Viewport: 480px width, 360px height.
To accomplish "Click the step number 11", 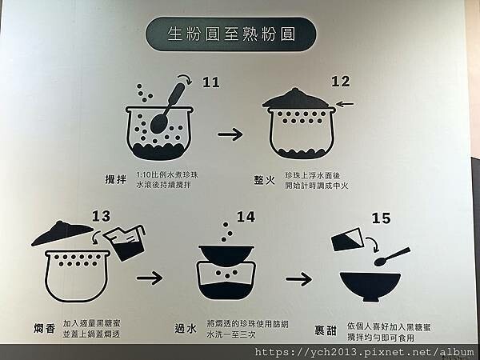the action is coord(211,82).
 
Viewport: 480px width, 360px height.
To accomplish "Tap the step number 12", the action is coord(341,81).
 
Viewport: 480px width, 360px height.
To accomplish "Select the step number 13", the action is coord(101,216).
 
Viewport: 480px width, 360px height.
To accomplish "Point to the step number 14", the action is coord(246,217).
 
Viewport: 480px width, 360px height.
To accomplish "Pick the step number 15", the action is coord(381,218).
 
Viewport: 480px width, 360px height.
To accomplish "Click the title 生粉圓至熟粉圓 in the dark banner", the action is coord(231,34).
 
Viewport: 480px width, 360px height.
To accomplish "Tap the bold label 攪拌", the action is coord(116,179).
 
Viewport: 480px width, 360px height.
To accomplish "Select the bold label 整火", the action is coord(265,180).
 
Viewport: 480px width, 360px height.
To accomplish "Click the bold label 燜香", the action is coord(45,329).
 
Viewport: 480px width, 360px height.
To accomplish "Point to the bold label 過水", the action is coord(186,329).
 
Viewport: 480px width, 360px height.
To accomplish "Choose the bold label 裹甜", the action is coord(326,330).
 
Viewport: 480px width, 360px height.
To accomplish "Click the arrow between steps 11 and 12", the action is coord(230,134).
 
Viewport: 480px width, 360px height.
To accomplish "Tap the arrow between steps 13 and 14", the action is coord(150,278).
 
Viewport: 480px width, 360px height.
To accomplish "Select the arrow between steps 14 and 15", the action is coord(298,279).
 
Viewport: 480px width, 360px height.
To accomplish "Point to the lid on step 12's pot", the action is coord(296,99).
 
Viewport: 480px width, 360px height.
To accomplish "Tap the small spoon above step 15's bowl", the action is coord(392,257).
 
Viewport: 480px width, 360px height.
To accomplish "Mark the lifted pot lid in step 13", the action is coord(62,233).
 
